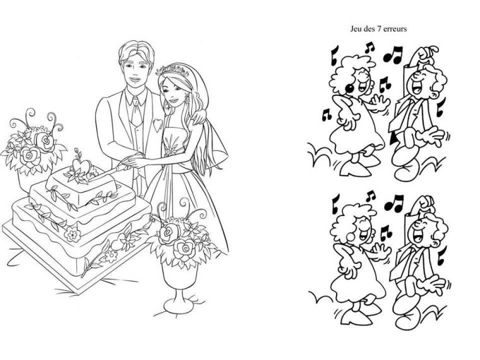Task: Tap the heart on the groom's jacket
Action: tap(157, 125)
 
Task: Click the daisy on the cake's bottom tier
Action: tap(72, 236)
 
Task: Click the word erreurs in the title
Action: tap(395, 29)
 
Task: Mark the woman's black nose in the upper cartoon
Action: tap(349, 87)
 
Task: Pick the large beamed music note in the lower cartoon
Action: tap(393, 202)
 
